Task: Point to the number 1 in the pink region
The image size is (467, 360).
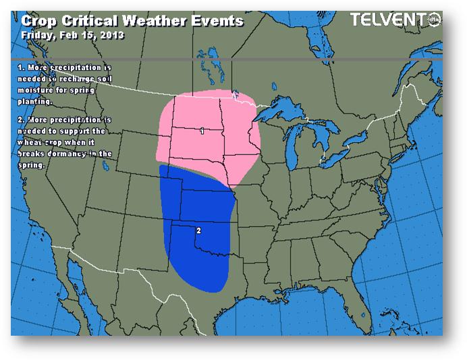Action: [x=202, y=131]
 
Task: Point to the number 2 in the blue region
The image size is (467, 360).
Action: [x=198, y=231]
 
